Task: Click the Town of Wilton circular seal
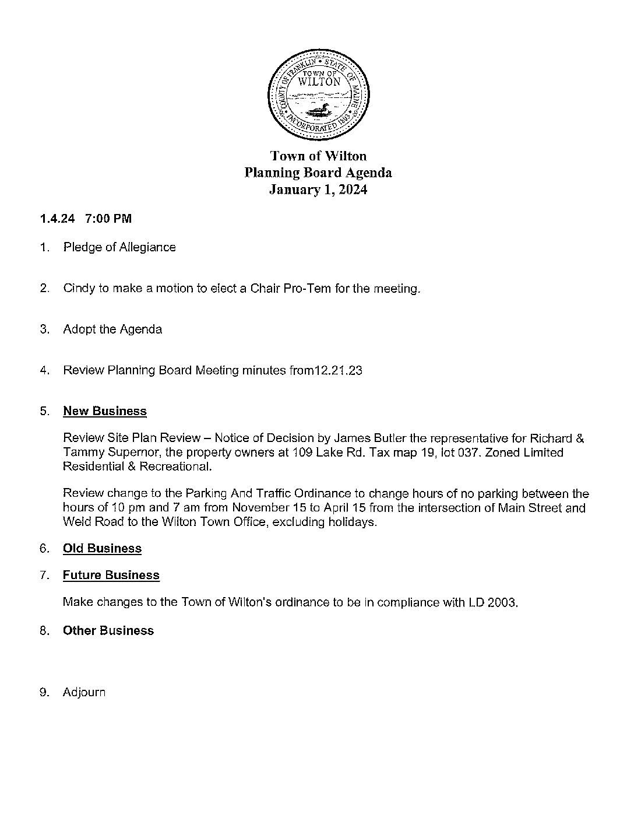(x=318, y=94)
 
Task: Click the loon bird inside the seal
(x=318, y=110)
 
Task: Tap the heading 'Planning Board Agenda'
(x=318, y=173)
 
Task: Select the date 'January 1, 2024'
(x=318, y=190)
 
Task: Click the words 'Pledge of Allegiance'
(x=119, y=247)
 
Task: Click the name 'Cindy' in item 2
(x=79, y=289)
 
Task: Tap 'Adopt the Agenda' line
(x=112, y=329)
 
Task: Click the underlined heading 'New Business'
(x=105, y=411)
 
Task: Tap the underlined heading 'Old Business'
(x=102, y=549)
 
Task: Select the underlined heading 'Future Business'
(x=111, y=576)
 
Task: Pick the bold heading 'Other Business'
(x=108, y=631)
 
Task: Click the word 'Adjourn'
(x=84, y=693)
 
